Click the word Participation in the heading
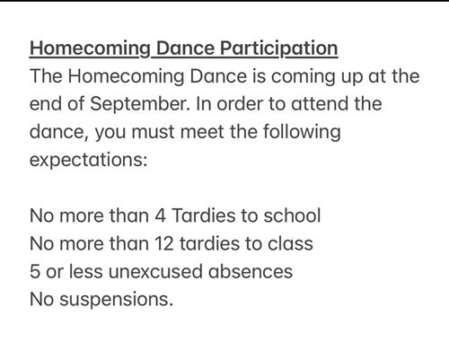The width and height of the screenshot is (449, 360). point(279,48)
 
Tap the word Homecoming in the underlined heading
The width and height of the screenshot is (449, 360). point(90,49)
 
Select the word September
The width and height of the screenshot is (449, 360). point(140,105)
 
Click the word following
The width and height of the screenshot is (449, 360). point(302,132)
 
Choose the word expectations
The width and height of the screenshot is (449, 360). point(88,161)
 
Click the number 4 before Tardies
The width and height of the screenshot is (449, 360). point(160,215)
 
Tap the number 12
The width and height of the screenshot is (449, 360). point(164,243)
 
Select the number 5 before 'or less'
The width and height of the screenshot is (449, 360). point(35,272)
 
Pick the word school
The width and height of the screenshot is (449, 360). point(292,215)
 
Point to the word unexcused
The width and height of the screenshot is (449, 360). point(155,272)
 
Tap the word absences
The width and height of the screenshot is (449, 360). point(251,271)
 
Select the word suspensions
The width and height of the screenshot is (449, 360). point(116,300)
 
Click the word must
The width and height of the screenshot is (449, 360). point(153,132)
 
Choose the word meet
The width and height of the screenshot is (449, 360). point(202,132)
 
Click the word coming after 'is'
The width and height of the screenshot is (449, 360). point(304,77)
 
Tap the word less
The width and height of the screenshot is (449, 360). point(86,271)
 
